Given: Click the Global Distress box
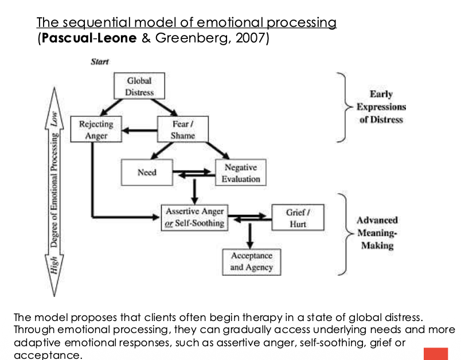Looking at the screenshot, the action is pos(139,86).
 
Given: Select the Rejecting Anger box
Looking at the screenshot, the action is pos(96,130).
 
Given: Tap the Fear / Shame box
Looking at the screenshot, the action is pos(183,130).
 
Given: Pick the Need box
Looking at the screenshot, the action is pos(147,173).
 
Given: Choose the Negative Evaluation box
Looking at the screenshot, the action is pos(241,173).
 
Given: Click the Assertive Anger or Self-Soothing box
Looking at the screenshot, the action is pos(194,217).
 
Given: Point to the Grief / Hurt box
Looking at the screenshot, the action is pos(298,217).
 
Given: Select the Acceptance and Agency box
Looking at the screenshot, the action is pos(252,262).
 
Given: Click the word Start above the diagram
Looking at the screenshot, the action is pos(100,62).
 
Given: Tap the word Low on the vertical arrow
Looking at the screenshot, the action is pos(54,119).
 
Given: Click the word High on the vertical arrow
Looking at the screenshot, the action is pos(54,265).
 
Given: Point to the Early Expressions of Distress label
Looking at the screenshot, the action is pos(381,107).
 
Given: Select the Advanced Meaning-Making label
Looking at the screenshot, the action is pos(377,233).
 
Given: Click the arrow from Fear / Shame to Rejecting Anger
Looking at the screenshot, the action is pos(140,131).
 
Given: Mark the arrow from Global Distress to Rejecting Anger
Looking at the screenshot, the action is pos(111,107).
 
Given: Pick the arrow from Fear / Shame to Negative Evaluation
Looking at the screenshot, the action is pos(217,151).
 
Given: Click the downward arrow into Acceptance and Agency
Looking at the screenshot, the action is pos(250,236).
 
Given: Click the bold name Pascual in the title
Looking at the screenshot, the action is pos(67,38).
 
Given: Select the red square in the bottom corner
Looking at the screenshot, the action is pos(436,354).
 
